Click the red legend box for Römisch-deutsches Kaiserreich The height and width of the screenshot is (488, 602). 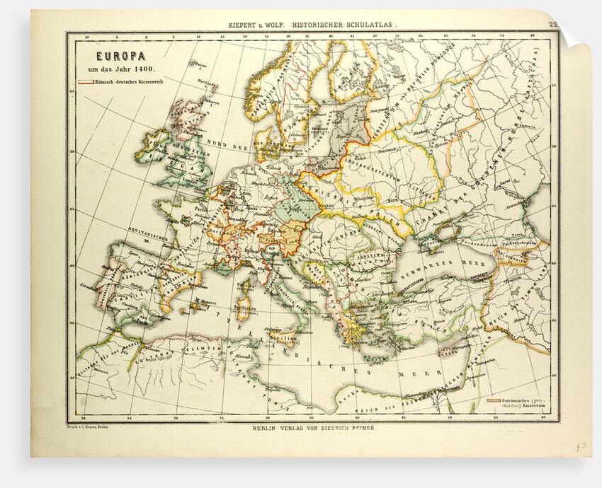click(x=86, y=83)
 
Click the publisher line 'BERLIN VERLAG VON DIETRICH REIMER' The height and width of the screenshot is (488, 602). click(x=312, y=429)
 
